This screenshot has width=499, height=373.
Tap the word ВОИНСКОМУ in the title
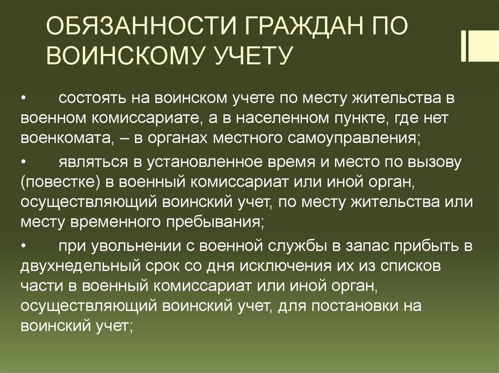tap(127, 55)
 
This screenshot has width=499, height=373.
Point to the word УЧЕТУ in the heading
tap(253, 55)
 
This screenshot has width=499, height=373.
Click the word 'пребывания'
tap(215, 222)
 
